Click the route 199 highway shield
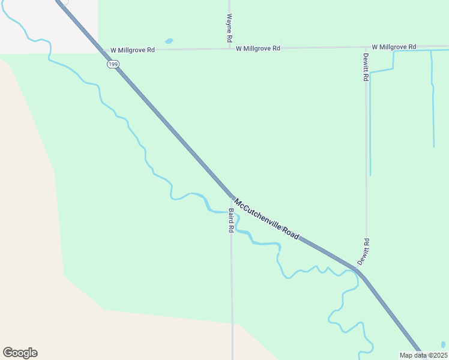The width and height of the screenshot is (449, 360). click(112, 64)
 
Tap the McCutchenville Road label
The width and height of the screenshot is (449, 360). click(266, 219)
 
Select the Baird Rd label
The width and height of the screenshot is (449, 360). click(231, 220)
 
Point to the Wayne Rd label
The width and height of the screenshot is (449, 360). click(229, 28)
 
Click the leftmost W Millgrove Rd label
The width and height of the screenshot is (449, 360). click(133, 50)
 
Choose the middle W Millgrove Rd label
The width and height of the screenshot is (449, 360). click(258, 48)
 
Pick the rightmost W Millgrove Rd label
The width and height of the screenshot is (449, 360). click(394, 47)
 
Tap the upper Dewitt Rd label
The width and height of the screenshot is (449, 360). click(365, 67)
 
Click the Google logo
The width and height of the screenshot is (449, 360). click(20, 353)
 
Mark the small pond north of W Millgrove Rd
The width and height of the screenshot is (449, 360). click(169, 41)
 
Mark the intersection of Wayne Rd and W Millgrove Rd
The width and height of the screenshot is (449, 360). click(230, 49)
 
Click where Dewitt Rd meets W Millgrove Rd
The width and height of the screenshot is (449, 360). click(366, 47)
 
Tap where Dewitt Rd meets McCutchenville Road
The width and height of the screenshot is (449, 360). click(358, 271)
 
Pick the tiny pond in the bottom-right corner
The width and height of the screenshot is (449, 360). click(443, 345)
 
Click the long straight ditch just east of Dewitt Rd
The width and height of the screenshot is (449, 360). click(370, 126)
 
